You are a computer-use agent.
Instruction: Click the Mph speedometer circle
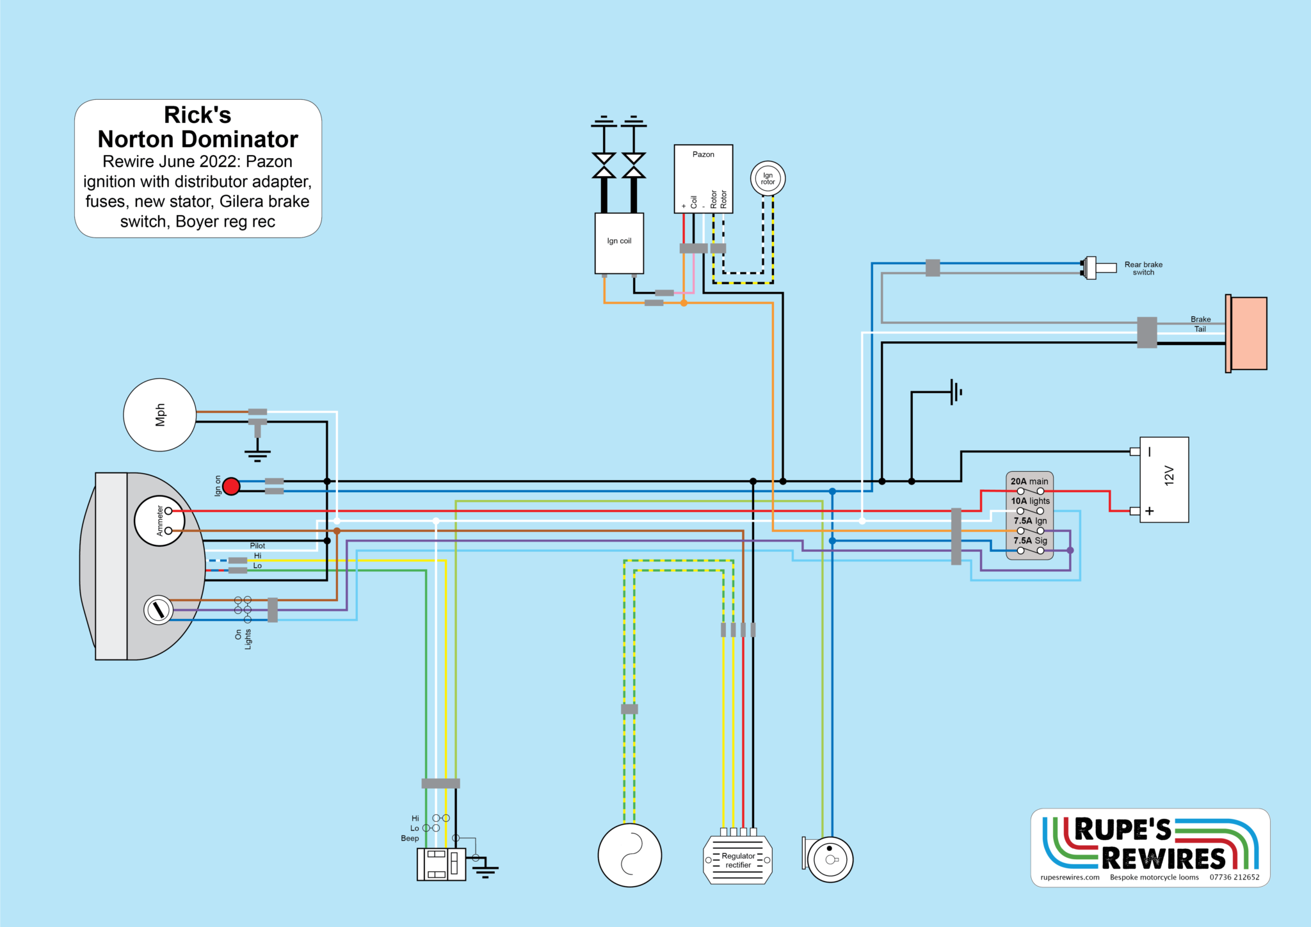(159, 415)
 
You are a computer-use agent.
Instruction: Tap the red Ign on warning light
(231, 487)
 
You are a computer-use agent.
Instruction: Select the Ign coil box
(619, 243)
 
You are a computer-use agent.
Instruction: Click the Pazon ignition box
(703, 178)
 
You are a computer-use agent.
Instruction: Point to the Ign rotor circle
(768, 179)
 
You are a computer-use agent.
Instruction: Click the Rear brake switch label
(1143, 268)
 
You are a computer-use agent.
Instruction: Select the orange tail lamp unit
(1248, 333)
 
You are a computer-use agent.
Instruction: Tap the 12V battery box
(1164, 480)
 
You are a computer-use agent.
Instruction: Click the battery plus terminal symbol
(1150, 511)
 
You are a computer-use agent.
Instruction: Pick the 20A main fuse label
(1029, 481)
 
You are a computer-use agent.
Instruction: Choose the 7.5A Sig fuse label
(1030, 540)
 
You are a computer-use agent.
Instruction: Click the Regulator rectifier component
(737, 860)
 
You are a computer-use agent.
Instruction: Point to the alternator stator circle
(630, 855)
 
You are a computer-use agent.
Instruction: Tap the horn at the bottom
(830, 859)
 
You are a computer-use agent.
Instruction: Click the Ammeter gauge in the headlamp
(159, 520)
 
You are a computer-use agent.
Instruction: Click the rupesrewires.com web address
(1070, 877)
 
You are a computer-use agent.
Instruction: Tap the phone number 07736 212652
(1234, 877)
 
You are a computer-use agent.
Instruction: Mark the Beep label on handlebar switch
(410, 838)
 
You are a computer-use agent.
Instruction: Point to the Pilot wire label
(257, 545)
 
